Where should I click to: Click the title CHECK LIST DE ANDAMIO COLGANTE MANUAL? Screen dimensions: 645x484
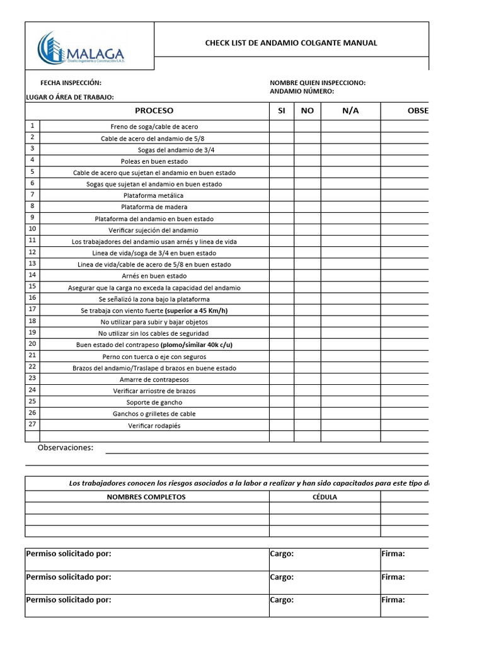(x=291, y=43)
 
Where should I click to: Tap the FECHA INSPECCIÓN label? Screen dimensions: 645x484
(x=71, y=83)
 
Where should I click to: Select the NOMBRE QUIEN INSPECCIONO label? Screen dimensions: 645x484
(x=318, y=83)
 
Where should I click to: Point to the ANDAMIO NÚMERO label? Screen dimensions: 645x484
(x=302, y=91)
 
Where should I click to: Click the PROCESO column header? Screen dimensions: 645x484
(x=154, y=111)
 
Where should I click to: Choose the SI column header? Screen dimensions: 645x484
(x=282, y=111)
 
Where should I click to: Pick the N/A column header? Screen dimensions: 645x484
(x=350, y=111)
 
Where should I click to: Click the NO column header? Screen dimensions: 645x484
(x=307, y=111)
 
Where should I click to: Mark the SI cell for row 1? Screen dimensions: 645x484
(x=282, y=127)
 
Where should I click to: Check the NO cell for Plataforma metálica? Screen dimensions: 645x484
(x=307, y=195)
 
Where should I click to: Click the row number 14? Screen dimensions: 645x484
(x=32, y=275)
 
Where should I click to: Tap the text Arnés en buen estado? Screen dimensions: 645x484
(x=154, y=276)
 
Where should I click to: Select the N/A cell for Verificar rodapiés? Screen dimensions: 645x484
(x=350, y=425)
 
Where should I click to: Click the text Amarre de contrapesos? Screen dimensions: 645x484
(x=154, y=379)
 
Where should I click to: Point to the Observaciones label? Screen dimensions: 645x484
(x=66, y=448)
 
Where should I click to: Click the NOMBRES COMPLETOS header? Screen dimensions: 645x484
(x=146, y=497)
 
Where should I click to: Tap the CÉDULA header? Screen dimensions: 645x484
(x=325, y=497)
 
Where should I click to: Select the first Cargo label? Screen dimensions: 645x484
(x=282, y=554)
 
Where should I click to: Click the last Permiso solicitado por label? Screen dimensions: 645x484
(x=69, y=600)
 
